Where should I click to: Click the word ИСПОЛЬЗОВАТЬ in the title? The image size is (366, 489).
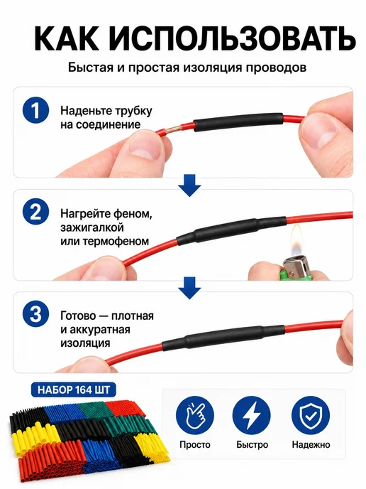coord(233,38)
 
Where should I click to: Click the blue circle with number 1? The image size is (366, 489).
coord(35,110)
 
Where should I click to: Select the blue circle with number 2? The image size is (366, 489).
coord(35,212)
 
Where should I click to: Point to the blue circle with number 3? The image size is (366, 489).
coord(35,313)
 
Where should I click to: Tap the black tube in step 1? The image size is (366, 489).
coord(239,122)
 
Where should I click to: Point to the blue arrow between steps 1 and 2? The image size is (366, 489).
coord(189,186)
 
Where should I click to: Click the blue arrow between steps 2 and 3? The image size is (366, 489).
coord(189,288)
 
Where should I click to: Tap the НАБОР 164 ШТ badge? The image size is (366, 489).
coord(74,389)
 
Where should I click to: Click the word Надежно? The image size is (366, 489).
coord(311,444)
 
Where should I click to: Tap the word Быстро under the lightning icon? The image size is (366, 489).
coord(252,445)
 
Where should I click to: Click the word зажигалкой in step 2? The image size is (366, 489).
coord(92,227)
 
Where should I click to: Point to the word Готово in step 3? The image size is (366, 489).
coord(78,316)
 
